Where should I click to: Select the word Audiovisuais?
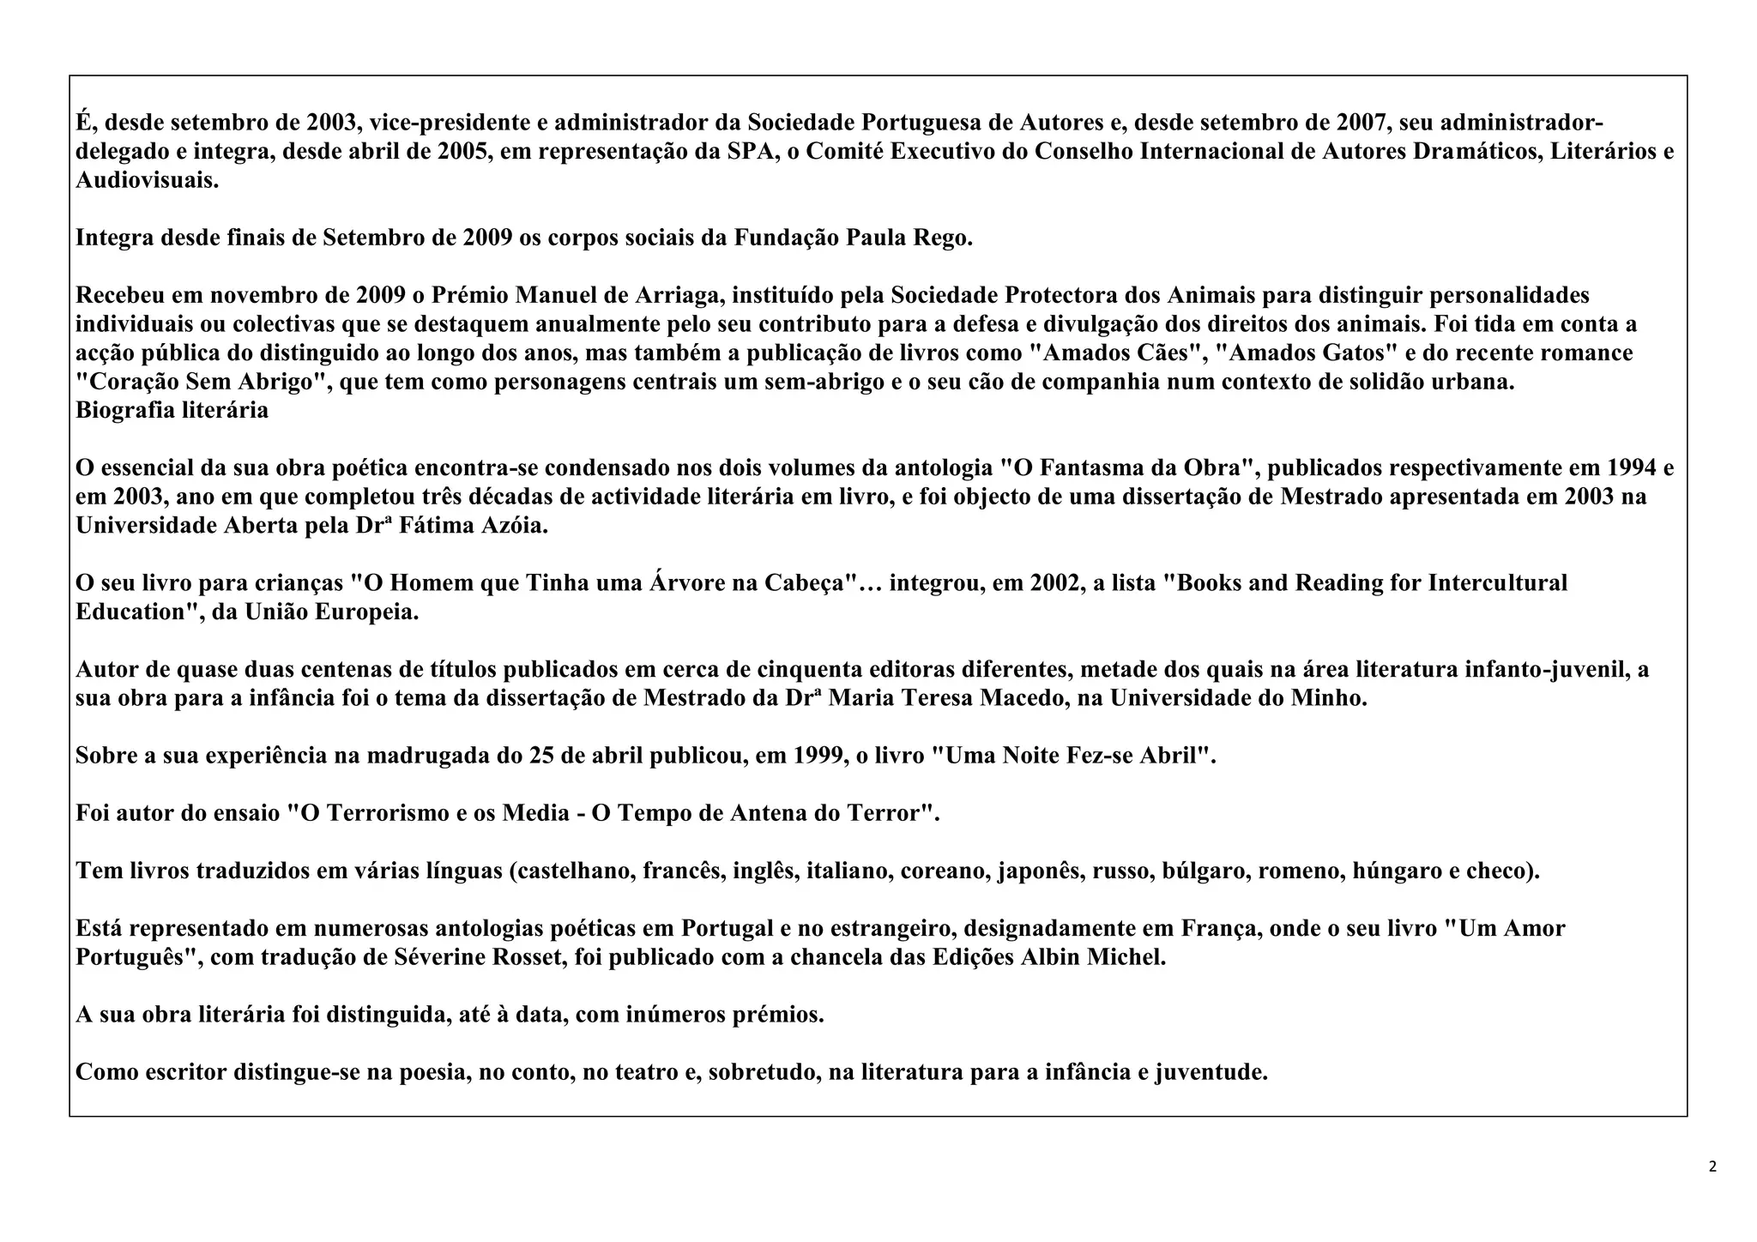pos(147,181)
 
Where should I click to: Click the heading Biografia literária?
pos(172,410)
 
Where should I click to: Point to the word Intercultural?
pos(1497,583)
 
